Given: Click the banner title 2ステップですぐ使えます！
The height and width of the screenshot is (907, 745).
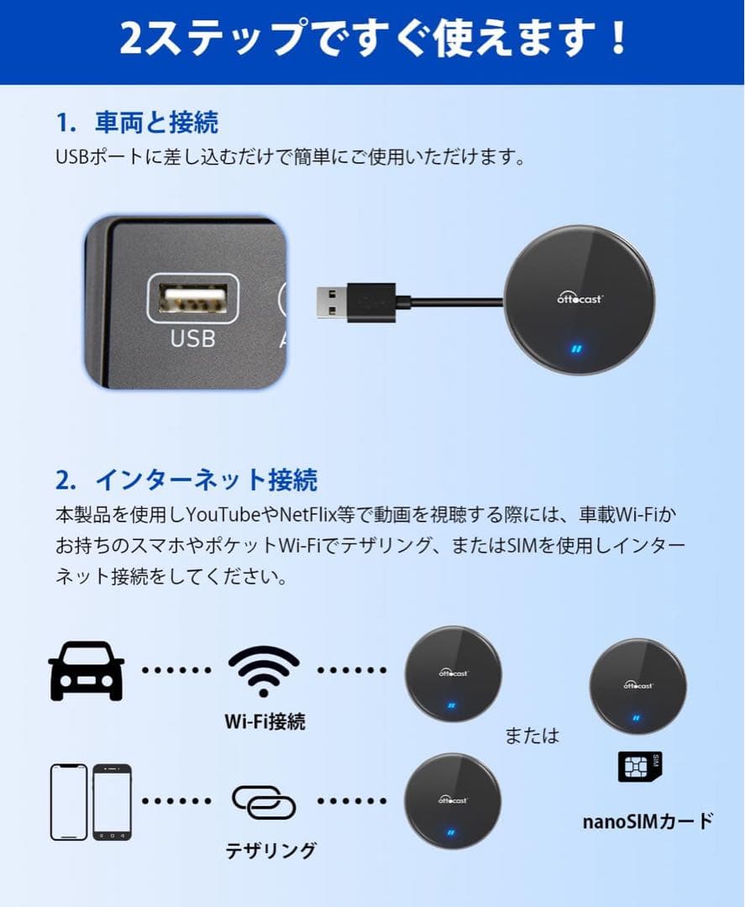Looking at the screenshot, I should [x=373, y=39].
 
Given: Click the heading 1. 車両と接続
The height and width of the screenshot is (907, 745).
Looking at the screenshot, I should [x=137, y=123].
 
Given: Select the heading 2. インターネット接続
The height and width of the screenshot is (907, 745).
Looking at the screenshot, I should [x=186, y=480].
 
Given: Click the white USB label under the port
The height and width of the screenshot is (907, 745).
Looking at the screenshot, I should [x=193, y=338].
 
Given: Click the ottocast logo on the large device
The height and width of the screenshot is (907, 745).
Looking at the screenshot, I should [x=580, y=296].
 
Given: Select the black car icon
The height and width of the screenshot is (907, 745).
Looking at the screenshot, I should [x=87, y=670].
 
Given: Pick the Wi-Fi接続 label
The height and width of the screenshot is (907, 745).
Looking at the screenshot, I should [x=265, y=721].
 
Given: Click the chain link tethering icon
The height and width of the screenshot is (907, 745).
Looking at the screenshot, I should [x=264, y=801].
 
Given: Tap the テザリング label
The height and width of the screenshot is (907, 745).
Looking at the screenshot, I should [x=270, y=850].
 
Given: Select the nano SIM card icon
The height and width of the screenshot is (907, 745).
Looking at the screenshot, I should [x=640, y=767].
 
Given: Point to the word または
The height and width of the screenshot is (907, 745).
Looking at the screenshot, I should [x=532, y=736].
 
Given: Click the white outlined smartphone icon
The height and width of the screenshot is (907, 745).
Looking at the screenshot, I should [x=69, y=801].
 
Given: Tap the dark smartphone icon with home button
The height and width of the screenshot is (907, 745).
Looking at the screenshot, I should [x=112, y=801].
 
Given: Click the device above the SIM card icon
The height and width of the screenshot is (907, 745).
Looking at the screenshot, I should [x=638, y=686].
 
